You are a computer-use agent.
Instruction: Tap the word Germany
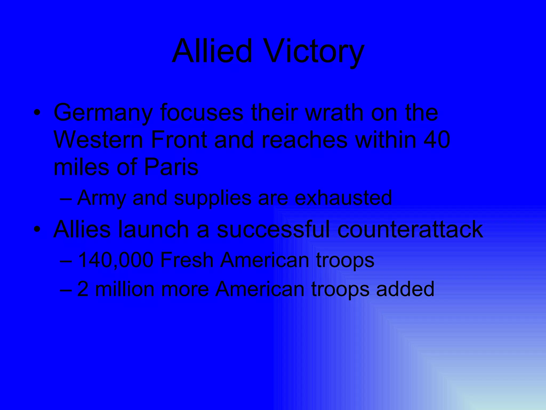(x=103, y=113)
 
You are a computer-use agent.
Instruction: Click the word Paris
(x=171, y=167)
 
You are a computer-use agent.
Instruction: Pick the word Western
(x=98, y=140)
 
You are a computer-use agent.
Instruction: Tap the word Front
(x=179, y=140)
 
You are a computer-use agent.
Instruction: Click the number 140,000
(x=115, y=260)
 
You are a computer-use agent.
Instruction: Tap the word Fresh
(x=187, y=260)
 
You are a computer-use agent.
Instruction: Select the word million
(x=125, y=289)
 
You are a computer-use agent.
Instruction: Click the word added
(x=405, y=289)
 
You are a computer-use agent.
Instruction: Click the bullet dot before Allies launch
(x=37, y=230)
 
